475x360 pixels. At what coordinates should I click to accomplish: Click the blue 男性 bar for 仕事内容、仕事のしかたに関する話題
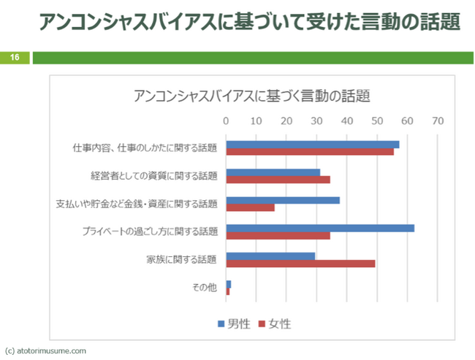313,145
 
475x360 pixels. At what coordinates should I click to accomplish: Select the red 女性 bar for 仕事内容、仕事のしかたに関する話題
310,152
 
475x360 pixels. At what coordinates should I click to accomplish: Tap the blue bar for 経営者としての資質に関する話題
273,172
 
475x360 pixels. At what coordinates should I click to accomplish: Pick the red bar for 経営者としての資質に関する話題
278,180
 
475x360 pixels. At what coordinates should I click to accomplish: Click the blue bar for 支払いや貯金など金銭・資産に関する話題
283,200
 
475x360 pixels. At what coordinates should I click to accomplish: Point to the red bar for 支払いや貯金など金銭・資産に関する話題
251,207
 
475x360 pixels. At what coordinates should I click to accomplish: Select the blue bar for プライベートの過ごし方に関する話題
320,228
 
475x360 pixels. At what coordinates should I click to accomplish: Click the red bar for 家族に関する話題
300,263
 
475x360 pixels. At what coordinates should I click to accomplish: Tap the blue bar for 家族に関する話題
270,256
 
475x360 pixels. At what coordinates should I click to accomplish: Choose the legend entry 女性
275,323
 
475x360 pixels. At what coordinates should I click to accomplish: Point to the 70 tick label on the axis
438,121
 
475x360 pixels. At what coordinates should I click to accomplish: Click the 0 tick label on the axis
227,121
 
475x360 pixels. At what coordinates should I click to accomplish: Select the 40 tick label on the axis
347,121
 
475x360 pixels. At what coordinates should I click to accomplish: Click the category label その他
205,287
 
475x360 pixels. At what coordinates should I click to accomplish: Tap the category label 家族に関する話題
181,259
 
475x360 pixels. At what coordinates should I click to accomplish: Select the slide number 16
15,57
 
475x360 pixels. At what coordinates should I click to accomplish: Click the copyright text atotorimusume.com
45,351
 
